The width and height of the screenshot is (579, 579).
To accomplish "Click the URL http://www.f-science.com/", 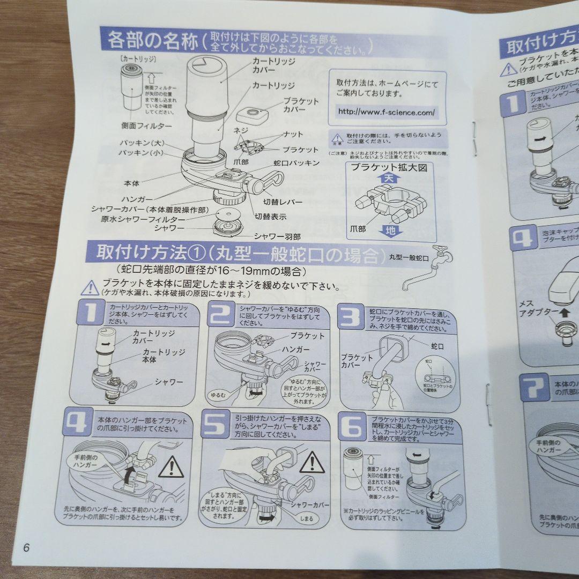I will click(385, 113).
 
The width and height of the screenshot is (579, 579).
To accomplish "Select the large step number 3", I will click(351, 317).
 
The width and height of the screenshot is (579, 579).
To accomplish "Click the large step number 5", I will click(216, 424).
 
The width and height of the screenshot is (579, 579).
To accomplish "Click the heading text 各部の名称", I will click(153, 41).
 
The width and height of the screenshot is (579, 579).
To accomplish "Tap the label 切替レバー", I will click(283, 202).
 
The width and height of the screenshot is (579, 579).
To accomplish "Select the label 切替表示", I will click(270, 217).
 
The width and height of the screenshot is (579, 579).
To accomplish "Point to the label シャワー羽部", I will click(277, 236).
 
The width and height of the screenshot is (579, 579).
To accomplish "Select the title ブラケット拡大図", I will click(389, 167).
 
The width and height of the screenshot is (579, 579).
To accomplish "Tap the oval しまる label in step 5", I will click(306, 518).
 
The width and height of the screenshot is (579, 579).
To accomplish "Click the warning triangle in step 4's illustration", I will click(171, 468).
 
